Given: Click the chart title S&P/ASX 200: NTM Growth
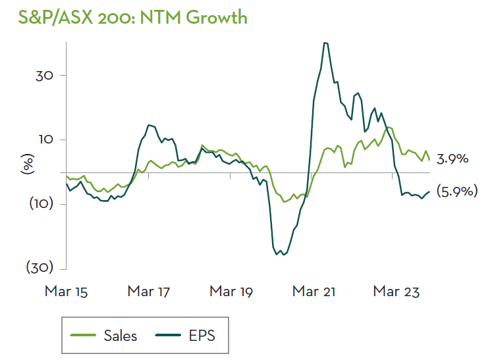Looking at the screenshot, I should (124, 16).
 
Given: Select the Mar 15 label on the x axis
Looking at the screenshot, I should (67, 290).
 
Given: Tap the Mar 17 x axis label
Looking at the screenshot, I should (149, 290).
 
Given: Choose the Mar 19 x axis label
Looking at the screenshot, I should (231, 290).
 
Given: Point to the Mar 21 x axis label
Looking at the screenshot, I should (314, 290).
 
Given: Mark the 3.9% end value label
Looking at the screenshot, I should (453, 159).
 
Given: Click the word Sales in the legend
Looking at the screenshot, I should (121, 336).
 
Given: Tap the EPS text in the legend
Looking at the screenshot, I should (202, 336).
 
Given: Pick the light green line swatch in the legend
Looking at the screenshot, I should (84, 336).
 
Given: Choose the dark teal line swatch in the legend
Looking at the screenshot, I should (169, 336).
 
